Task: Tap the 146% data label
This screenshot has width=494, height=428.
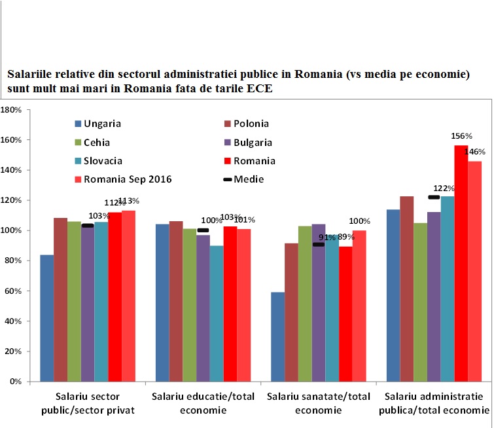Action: [474, 152]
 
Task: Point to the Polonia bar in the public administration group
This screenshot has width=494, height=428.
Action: [406, 289]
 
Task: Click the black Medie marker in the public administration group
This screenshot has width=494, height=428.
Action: [434, 197]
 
